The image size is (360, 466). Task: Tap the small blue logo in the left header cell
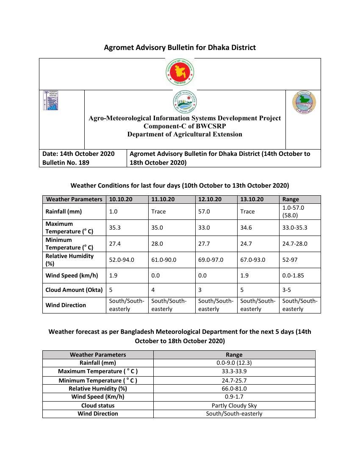tap(50, 100)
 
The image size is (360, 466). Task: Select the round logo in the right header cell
tap(304, 102)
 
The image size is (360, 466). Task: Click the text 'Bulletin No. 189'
tap(66, 162)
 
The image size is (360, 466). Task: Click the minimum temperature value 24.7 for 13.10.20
tap(247, 244)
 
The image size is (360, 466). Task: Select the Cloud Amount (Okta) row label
tap(74, 290)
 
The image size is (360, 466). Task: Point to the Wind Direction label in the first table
tap(66, 305)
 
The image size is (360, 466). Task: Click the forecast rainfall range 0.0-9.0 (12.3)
tap(234, 363)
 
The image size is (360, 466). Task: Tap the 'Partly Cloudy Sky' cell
tap(234, 405)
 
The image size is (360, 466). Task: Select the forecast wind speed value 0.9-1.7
tap(234, 397)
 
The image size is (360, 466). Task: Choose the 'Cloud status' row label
tap(98, 405)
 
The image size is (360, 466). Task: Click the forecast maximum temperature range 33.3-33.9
tap(234, 371)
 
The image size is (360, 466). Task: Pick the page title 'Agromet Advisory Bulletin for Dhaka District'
tap(180, 47)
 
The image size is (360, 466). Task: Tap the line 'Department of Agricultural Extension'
tap(185, 134)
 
